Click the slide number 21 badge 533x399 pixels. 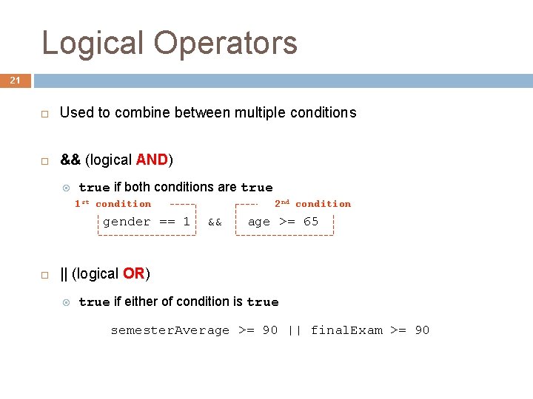click(x=15, y=80)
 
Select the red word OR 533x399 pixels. click(x=133, y=273)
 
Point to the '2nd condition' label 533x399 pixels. click(x=312, y=204)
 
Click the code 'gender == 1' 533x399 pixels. click(x=146, y=222)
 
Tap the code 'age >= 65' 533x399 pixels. click(x=283, y=222)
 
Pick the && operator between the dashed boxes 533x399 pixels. click(x=215, y=222)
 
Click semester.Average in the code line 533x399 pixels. click(x=170, y=330)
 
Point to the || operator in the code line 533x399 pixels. click(x=294, y=330)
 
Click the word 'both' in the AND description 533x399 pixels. click(x=138, y=187)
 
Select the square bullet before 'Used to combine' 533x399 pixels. click(x=44, y=113)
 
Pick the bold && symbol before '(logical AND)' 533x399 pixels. click(x=70, y=160)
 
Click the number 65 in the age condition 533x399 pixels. click(x=311, y=222)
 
